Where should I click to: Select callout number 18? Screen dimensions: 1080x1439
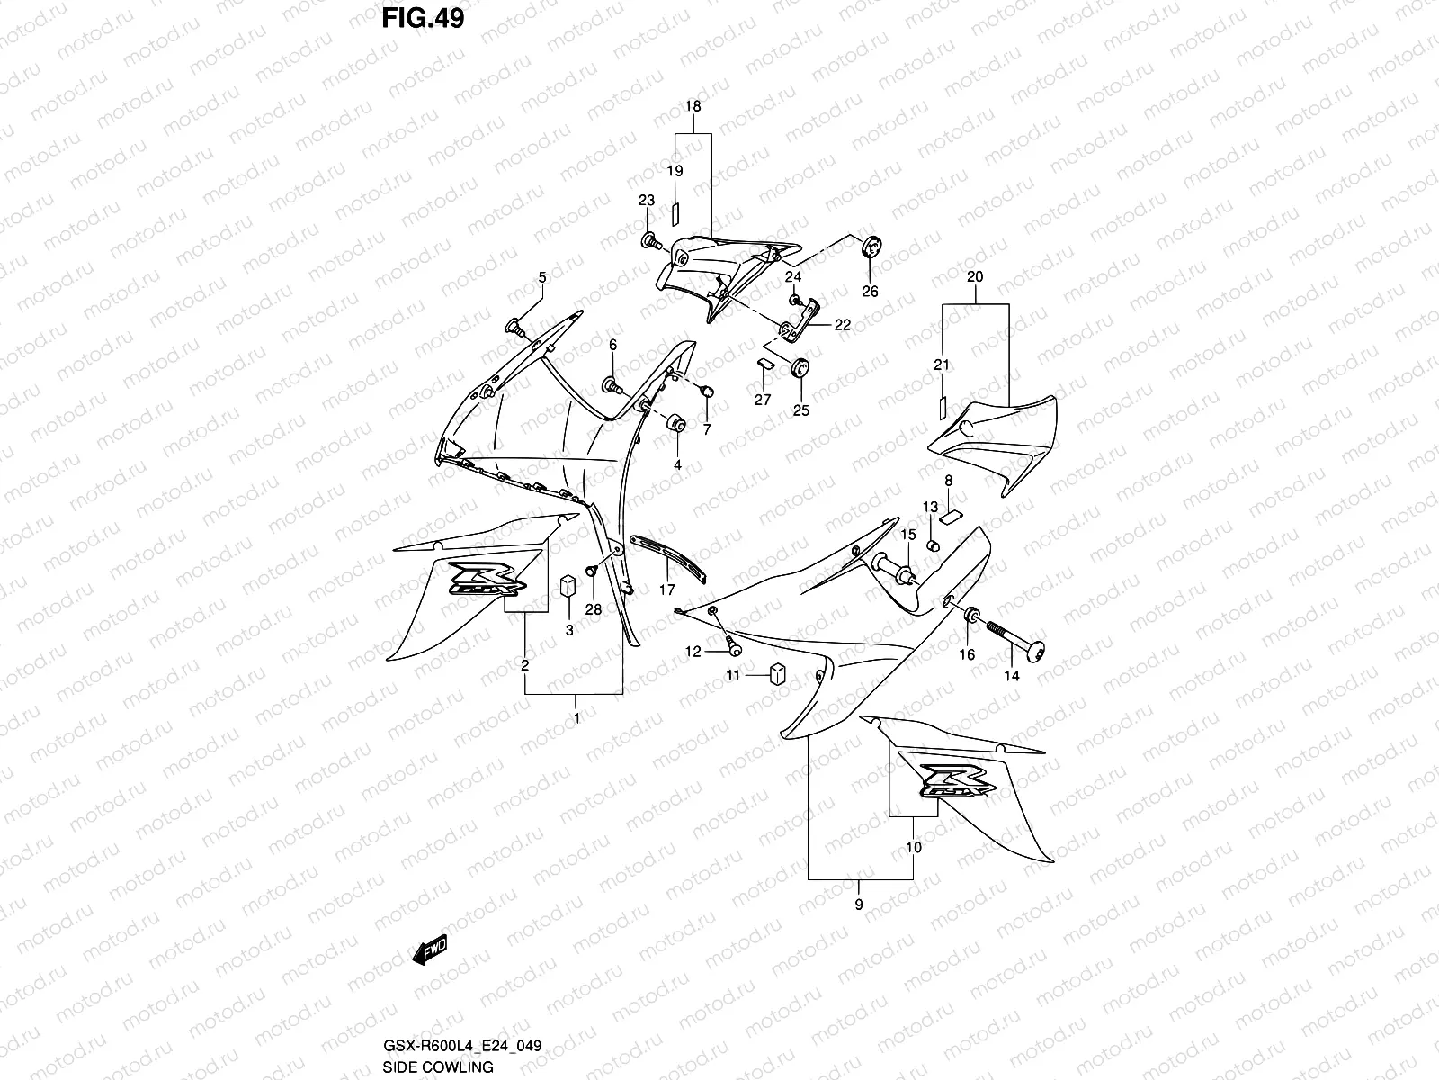(693, 106)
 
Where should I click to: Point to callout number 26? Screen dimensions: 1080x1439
(870, 292)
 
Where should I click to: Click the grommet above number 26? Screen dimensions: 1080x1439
(871, 246)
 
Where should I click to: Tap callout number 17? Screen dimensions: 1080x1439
(666, 591)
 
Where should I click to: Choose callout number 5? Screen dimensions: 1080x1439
(541, 277)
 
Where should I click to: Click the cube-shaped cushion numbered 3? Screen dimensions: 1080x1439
(568, 585)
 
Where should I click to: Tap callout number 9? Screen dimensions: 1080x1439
(859, 904)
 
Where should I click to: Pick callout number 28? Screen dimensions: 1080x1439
(594, 609)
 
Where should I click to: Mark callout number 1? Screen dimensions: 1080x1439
(576, 718)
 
